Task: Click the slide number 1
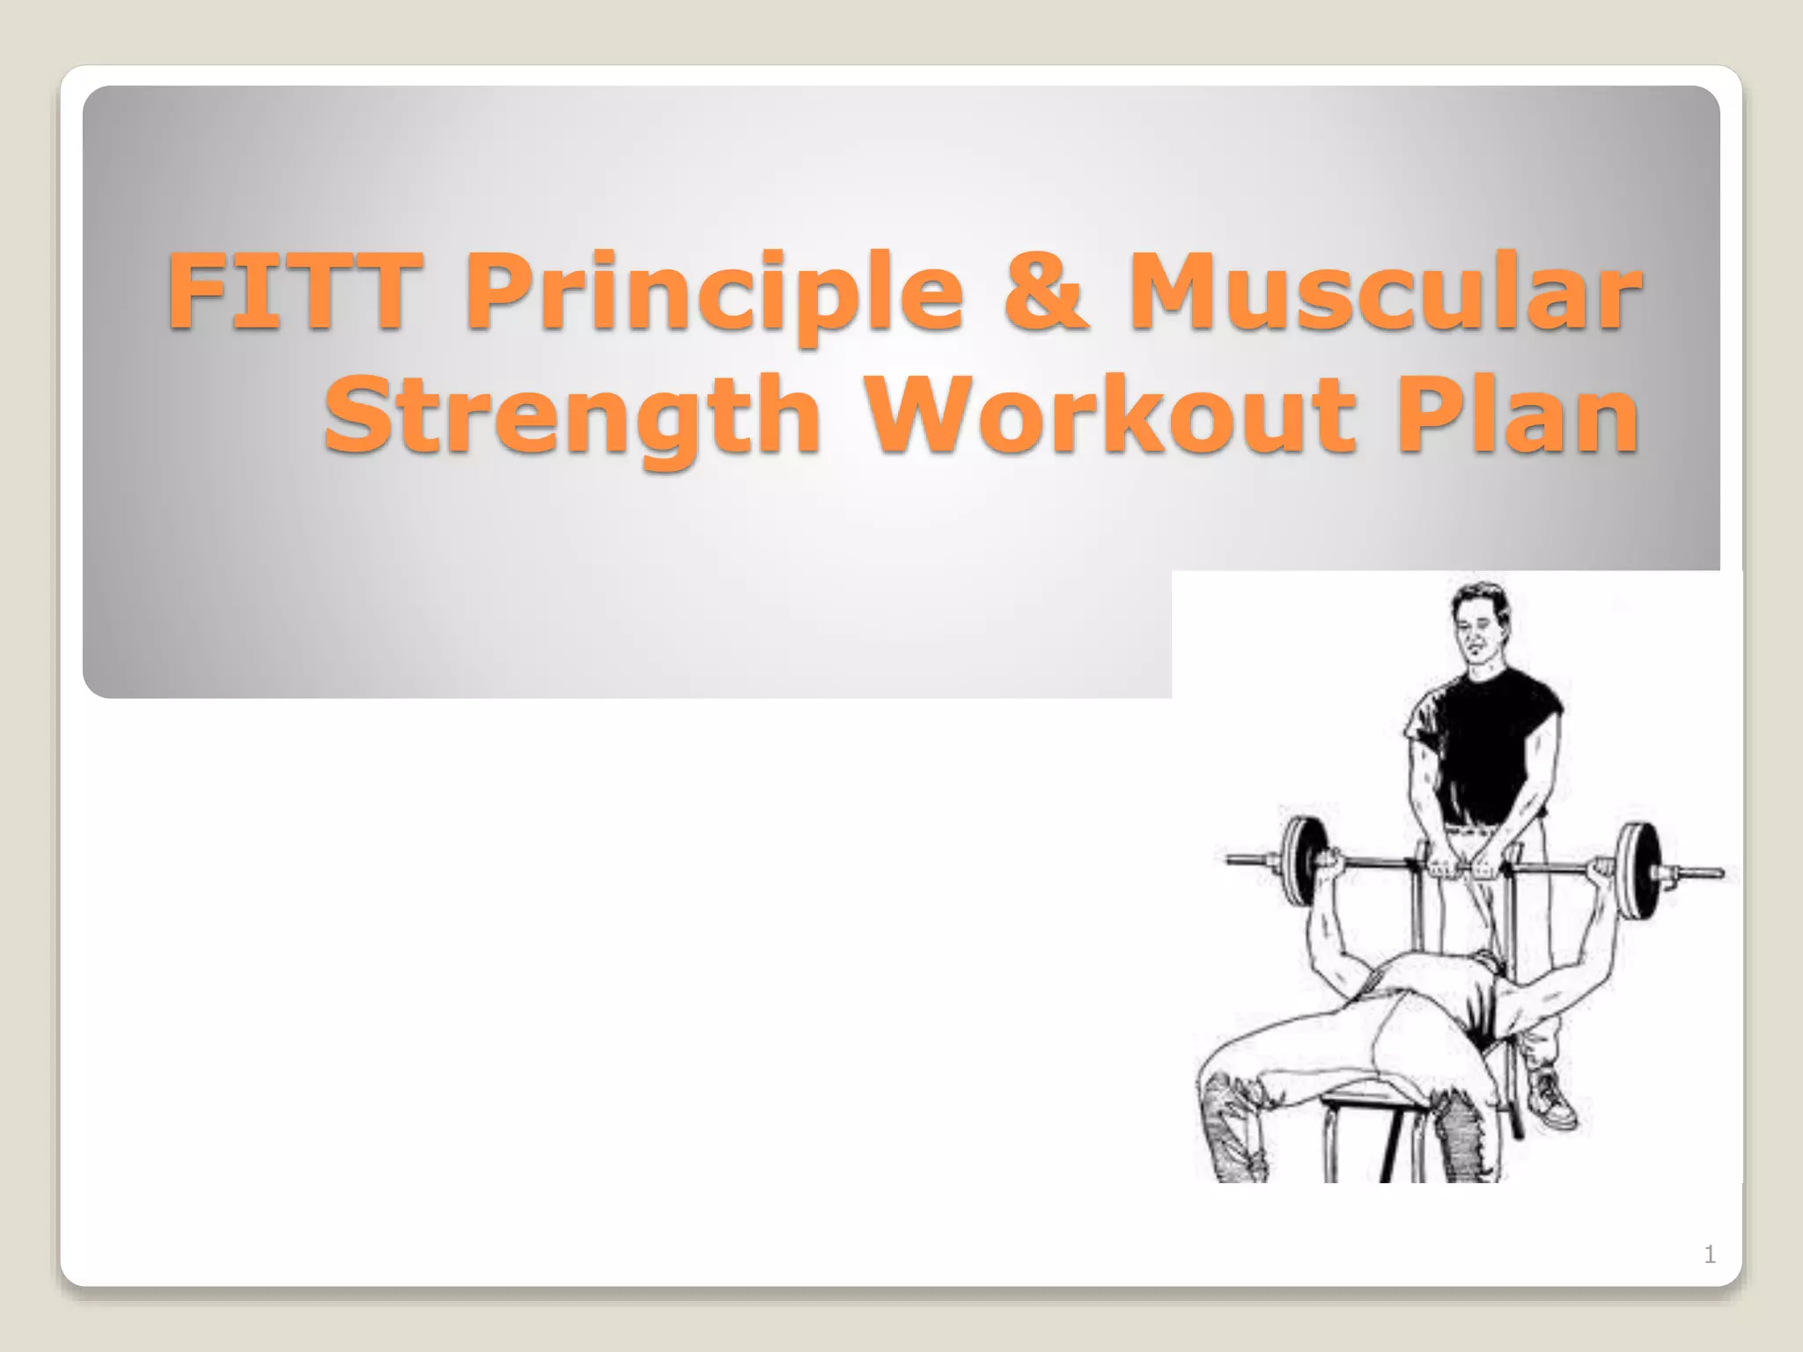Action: [1709, 1254]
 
